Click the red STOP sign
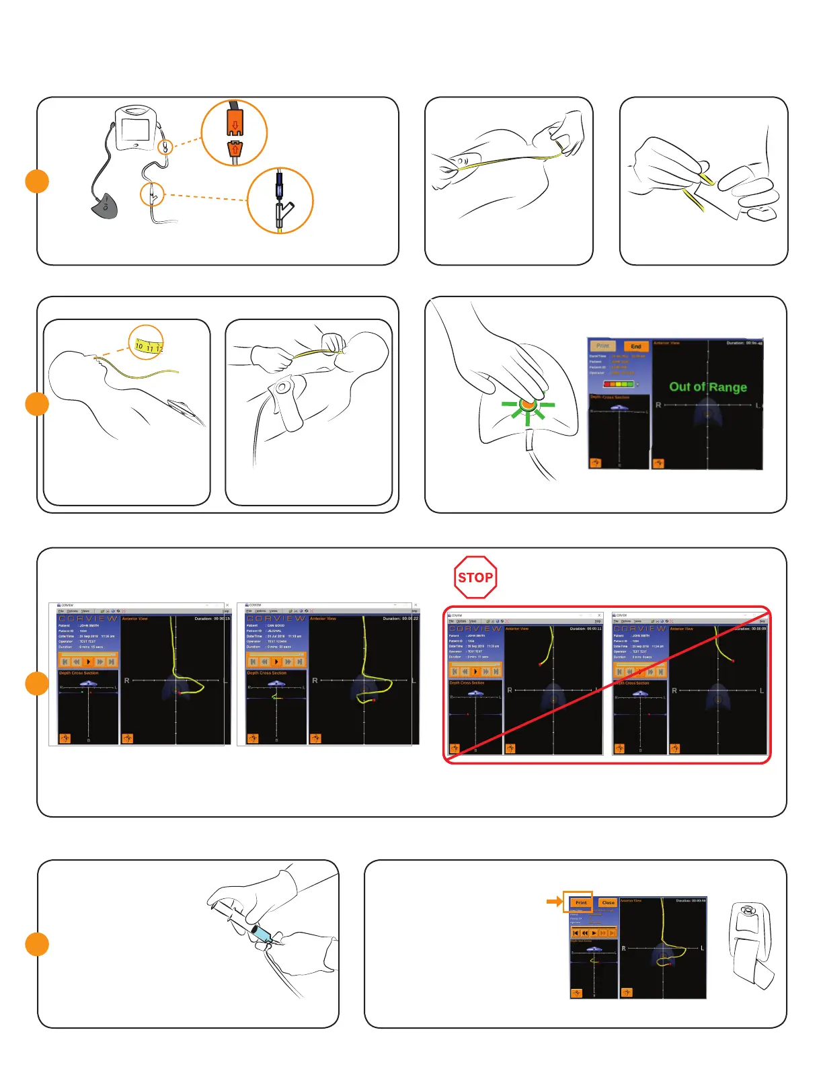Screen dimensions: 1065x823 475,577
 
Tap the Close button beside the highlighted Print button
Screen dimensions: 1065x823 608,902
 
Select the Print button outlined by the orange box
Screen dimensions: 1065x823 581,902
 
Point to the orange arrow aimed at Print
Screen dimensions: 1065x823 555,901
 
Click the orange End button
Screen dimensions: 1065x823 635,346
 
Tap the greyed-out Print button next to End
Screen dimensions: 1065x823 602,346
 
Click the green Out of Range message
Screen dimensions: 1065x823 707,387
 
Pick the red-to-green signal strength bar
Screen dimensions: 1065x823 619,384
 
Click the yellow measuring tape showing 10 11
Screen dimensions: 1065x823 147,346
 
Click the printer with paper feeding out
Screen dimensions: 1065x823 750,945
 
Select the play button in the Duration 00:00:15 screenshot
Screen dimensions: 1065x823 88,662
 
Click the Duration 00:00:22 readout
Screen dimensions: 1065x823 401,619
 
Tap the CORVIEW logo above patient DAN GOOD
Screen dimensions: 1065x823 276,618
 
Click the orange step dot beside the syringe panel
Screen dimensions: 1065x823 37,944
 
